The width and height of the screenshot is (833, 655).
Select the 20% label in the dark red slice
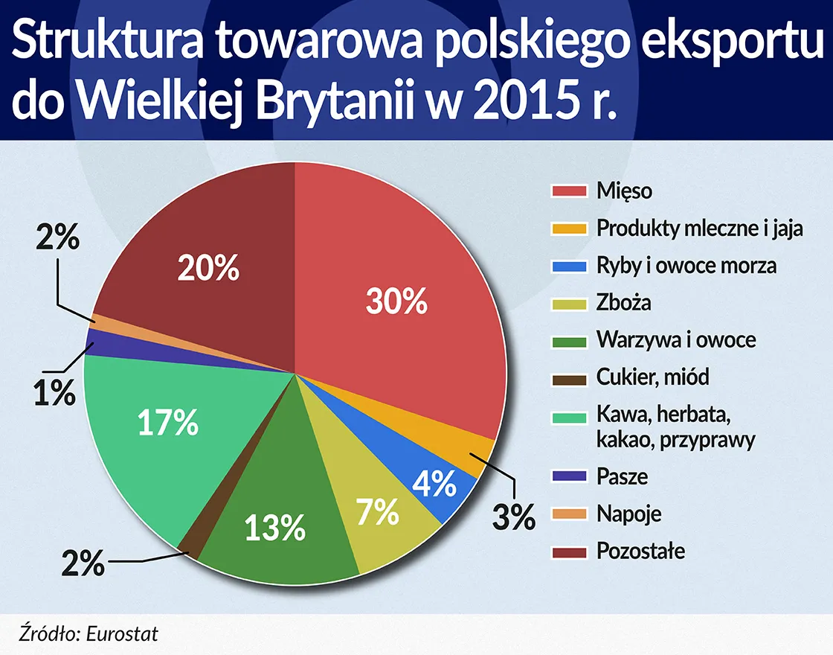tap(208, 268)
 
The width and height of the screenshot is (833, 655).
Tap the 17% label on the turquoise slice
tap(168, 424)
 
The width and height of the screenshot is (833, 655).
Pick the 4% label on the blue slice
tap(434, 485)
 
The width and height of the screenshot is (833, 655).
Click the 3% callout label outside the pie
tap(513, 516)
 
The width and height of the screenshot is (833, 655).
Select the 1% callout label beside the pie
tap(53, 393)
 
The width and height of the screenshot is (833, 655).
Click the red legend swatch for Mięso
tap(569, 191)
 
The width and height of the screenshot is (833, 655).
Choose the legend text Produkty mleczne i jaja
tap(699, 228)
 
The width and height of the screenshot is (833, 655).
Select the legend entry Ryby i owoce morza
tap(686, 265)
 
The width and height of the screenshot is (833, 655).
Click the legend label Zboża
tap(623, 303)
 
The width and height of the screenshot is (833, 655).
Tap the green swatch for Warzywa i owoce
tap(569, 340)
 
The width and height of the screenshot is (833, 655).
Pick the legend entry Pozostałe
tap(640, 552)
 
